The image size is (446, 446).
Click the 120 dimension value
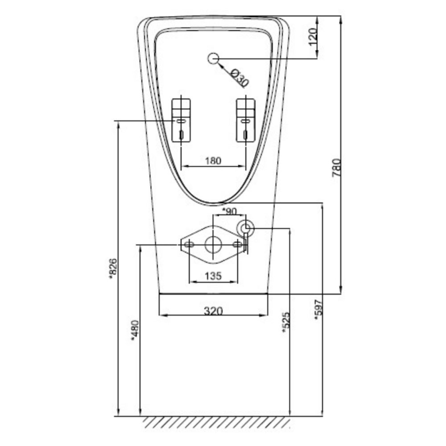pos(313,37)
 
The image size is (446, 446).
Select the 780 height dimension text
pos(336,168)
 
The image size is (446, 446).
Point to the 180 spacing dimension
pos(213,161)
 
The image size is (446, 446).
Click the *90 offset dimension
pos(229,211)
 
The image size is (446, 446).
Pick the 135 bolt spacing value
pos(213,276)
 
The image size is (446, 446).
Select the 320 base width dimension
pos(213,311)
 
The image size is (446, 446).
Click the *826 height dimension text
pos(113,268)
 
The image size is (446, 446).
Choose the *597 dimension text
pos(318,310)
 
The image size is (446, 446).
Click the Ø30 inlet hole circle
pos(213,58)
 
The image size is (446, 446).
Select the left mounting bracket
pos(181,120)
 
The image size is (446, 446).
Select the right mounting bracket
pos(246,120)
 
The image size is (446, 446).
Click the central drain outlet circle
pos(213,244)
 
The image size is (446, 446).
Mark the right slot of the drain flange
pos(237,244)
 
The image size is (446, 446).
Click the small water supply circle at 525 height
pos(245,228)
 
